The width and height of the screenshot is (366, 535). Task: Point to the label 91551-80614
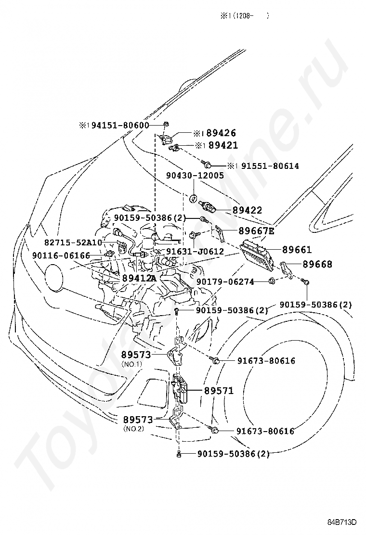coord(270,166)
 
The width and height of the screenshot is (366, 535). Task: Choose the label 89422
coord(247,210)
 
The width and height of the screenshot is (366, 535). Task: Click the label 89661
coord(297,250)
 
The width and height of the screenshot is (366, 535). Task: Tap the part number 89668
coord(317,264)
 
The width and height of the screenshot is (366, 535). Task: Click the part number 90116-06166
coord(61,255)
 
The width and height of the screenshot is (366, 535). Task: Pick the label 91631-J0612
coord(195,252)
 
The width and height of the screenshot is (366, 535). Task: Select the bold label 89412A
coord(139,278)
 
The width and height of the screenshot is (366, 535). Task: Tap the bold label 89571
coord(218,391)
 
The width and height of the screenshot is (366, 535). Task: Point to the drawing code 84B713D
coord(343,522)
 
